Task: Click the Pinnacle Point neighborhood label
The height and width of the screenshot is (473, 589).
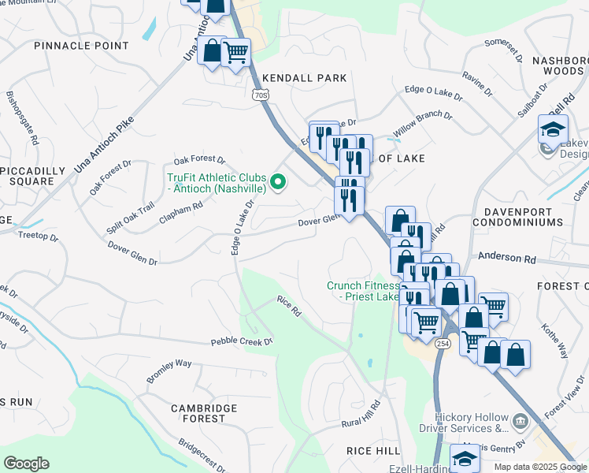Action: pyautogui.click(x=81, y=46)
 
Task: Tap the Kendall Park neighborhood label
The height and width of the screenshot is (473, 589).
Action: pyautogui.click(x=305, y=78)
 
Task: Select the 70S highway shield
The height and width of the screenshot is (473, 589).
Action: pyautogui.click(x=261, y=95)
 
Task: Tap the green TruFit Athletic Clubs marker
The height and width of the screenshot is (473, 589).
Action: pyautogui.click(x=277, y=183)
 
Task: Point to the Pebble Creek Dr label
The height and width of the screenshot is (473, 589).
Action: pyautogui.click(x=241, y=342)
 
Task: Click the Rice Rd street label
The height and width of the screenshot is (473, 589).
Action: pyautogui.click(x=289, y=306)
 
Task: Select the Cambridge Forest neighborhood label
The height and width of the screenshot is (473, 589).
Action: pyautogui.click(x=204, y=412)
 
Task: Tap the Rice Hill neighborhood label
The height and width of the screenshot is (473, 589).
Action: pyautogui.click(x=374, y=449)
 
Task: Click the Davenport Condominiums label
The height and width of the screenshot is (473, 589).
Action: pyautogui.click(x=518, y=217)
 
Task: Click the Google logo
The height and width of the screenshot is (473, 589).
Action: pyautogui.click(x=26, y=464)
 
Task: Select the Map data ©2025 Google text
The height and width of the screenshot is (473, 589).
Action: pyautogui.click(x=540, y=467)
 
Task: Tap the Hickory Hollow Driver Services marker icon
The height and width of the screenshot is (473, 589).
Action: pyautogui.click(x=520, y=422)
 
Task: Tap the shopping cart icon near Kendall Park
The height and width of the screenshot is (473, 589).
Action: pyautogui.click(x=235, y=53)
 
